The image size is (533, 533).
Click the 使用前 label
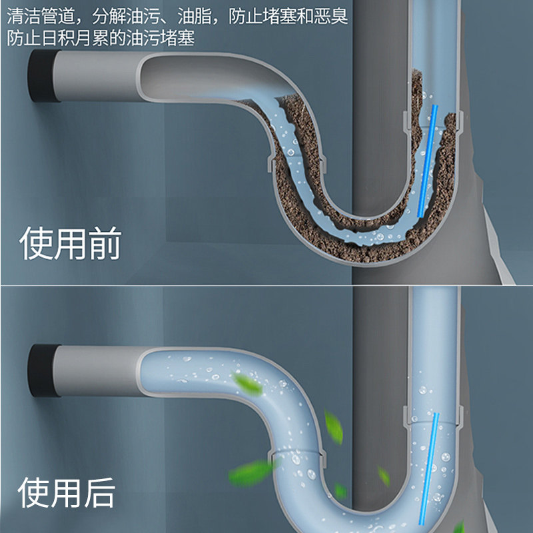pos(71,243)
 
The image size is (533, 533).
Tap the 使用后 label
pos(66,492)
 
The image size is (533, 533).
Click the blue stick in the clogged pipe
pos(428,161)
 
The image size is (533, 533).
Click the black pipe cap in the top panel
pos(41,76)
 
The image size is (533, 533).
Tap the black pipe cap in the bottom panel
pos(41,370)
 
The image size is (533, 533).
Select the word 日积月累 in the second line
pos(75,37)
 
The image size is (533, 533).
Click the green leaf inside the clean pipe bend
pos(247,384)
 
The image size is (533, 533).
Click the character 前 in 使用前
pos(105,243)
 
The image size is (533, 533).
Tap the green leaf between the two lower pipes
pos(334,427)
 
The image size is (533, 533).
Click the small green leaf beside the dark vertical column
pos(384,476)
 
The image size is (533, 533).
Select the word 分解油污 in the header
pos(126,16)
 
